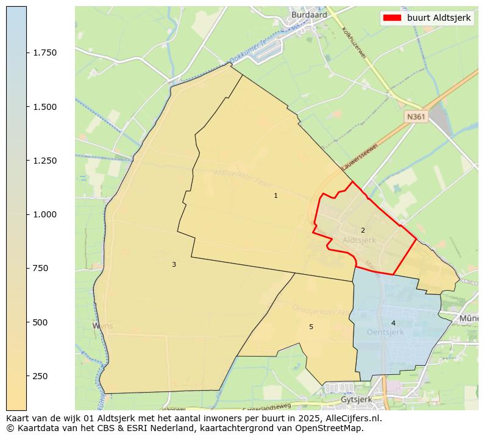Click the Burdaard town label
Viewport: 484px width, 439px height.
[x=309, y=15]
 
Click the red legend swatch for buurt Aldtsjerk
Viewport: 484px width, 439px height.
[x=391, y=18]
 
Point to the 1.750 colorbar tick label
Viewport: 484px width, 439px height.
[x=45, y=53]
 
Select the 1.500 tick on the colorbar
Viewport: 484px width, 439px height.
[x=45, y=107]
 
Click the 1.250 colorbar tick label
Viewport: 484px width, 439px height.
[x=45, y=161]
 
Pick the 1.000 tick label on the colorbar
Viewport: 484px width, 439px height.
[x=45, y=214]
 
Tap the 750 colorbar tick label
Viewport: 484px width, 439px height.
[x=40, y=268]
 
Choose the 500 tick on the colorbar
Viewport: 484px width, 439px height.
[x=40, y=322]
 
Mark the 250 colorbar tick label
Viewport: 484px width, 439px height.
[x=40, y=376]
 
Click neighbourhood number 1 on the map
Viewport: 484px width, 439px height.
[x=276, y=195]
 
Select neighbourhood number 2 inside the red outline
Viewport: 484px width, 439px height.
[x=363, y=230]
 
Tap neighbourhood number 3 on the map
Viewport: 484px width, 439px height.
[x=174, y=264]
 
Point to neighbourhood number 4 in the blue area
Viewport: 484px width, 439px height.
[x=393, y=323]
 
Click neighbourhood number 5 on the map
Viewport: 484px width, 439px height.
[x=311, y=327]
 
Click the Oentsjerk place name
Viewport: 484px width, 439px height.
[x=385, y=332]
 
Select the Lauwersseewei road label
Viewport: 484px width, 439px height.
[x=360, y=156]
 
